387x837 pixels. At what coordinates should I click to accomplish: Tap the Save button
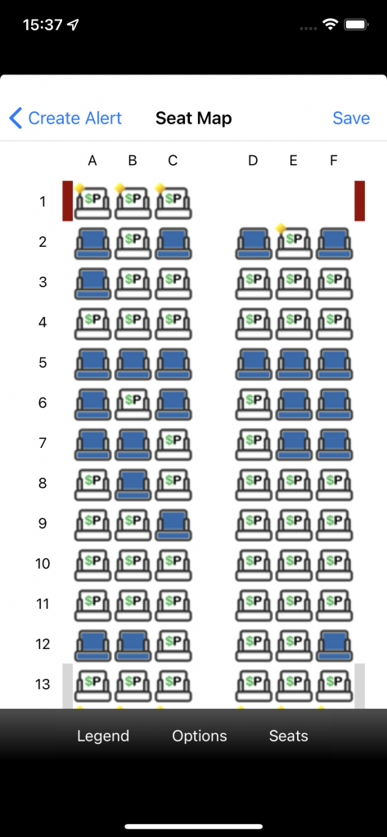click(x=351, y=118)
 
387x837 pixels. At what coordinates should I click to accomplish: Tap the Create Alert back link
click(x=65, y=118)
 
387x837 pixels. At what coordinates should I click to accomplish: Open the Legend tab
click(x=103, y=736)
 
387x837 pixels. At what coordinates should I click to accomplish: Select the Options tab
click(x=200, y=736)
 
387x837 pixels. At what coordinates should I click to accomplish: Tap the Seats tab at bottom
click(x=289, y=736)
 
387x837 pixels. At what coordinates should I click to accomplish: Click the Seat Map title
click(x=193, y=118)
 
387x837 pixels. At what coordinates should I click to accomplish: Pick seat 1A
click(x=92, y=203)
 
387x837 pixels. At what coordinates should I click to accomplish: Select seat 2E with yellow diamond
click(x=293, y=243)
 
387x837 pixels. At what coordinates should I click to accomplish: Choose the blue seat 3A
click(x=92, y=283)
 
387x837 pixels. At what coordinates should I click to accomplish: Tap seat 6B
click(x=133, y=404)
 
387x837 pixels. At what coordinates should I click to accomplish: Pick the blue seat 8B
click(x=133, y=484)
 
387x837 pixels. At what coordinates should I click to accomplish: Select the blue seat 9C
click(x=173, y=524)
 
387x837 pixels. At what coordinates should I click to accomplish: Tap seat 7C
click(x=173, y=444)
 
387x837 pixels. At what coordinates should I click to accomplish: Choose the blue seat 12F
click(x=334, y=645)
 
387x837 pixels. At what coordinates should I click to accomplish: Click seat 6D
click(x=254, y=404)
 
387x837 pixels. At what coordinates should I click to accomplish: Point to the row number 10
click(x=43, y=564)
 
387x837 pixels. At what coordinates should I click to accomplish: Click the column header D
click(x=253, y=160)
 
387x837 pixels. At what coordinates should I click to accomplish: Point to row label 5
click(x=43, y=363)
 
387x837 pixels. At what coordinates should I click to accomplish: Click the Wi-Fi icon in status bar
click(x=331, y=25)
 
